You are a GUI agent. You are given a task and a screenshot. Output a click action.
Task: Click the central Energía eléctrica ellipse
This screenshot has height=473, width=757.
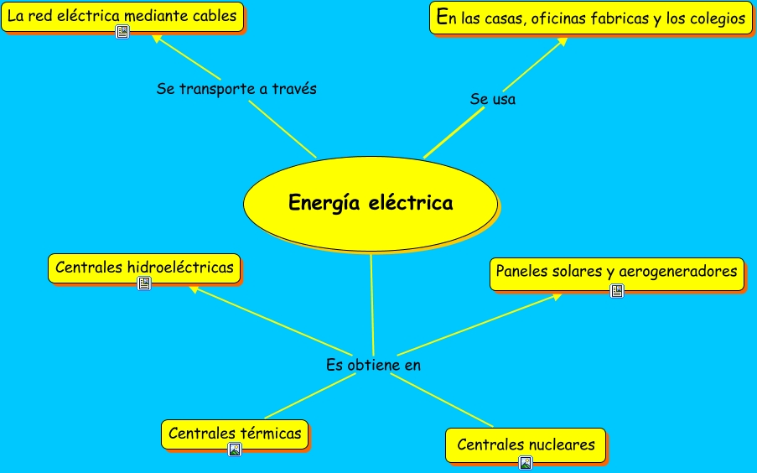point(371,203)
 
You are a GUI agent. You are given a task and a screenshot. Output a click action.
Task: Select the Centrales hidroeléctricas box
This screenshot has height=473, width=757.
point(144,268)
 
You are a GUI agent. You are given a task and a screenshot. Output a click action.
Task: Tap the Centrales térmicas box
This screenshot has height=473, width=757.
point(235,434)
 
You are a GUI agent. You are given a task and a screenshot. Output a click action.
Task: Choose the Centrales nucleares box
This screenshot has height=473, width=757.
point(526,444)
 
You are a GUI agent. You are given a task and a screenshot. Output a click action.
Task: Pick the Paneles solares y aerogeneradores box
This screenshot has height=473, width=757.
point(616,272)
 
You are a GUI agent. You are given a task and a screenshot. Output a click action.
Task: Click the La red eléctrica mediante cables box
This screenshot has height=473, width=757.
point(122,16)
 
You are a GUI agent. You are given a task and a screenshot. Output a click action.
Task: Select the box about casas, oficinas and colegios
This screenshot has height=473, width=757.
point(591,18)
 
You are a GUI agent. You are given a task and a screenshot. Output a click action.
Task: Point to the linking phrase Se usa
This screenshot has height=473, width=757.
point(493,99)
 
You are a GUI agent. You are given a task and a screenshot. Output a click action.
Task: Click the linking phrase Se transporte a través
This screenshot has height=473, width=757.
point(236,88)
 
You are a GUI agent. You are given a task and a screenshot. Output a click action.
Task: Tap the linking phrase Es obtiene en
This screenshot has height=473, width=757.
point(373,365)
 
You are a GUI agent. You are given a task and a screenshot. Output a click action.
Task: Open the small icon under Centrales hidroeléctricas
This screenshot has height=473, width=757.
point(144,284)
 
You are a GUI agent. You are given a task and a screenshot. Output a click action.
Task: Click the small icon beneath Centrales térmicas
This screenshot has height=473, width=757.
point(235,450)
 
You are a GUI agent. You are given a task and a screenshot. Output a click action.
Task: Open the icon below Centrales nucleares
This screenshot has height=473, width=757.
point(526,462)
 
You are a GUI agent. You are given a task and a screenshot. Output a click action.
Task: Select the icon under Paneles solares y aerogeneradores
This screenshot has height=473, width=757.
point(617,291)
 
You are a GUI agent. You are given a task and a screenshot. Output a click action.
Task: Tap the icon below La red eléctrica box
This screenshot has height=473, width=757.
point(122,32)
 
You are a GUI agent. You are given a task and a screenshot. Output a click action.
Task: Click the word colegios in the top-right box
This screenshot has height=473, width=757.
point(717,18)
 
